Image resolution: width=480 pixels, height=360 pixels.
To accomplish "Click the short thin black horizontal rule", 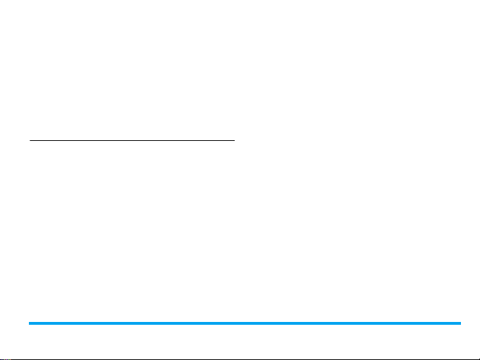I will coord(131,140).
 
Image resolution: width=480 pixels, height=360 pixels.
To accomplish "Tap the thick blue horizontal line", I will coord(244,323).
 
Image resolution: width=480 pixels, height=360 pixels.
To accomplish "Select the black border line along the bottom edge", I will coord(240,359).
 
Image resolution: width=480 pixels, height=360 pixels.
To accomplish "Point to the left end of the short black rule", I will coord(30,140).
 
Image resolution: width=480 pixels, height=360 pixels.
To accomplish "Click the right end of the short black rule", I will coord(233,140).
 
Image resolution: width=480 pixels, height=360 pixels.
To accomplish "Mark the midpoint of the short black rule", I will coord(131,140).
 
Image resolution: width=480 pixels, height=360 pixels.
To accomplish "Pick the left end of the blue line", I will coord(29,323).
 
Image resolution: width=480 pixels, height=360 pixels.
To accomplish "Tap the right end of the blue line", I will coord(460,323).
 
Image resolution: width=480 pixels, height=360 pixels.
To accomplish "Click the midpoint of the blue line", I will coord(244,323).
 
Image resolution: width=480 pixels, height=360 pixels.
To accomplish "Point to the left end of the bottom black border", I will coord(1,359).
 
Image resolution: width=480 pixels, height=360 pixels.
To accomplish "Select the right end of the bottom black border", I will coord(479,359).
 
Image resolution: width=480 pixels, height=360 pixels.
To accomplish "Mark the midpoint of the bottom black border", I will coord(240,359).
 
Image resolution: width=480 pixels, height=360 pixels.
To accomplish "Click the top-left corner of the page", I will coord(1,1).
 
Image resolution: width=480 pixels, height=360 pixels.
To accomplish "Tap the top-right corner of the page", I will coord(479,1).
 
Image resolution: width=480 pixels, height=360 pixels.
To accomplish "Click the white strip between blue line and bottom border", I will coord(240,342).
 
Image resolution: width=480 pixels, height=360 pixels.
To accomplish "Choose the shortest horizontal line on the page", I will coord(131,140).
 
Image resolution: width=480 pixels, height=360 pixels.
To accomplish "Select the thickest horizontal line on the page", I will coord(244,323).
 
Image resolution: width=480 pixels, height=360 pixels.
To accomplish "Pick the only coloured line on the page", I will coord(244,323).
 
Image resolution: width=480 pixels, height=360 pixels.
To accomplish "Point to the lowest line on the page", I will coord(240,359).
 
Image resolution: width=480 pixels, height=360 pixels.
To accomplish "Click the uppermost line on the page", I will coord(131,140).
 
